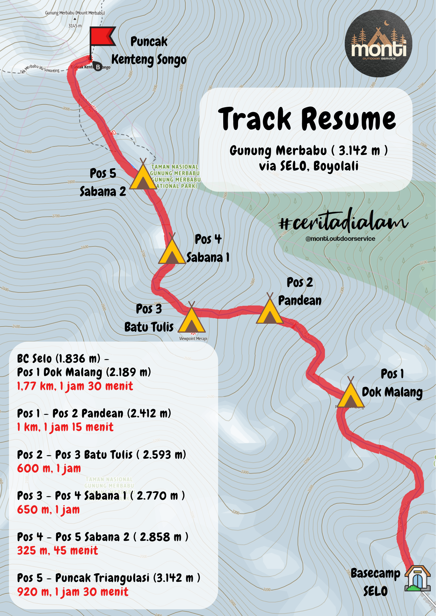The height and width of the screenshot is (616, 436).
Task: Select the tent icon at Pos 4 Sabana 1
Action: (x=172, y=250)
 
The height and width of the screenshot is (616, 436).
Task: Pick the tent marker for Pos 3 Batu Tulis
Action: (x=191, y=319)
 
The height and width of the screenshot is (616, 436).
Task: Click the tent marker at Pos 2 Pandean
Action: (x=270, y=310)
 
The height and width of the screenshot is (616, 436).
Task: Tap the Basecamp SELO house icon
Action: (x=417, y=578)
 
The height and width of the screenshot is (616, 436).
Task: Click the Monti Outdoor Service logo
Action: (x=378, y=44)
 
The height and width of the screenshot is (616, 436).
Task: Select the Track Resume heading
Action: (x=307, y=119)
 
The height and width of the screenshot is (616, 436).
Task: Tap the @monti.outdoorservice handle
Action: (x=340, y=239)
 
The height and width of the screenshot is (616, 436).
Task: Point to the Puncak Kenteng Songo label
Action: (x=149, y=51)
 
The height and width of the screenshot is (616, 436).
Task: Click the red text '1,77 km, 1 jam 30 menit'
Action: (x=75, y=386)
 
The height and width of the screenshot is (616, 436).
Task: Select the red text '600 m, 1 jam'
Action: (x=49, y=468)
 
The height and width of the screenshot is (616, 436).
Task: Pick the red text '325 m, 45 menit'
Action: (x=57, y=550)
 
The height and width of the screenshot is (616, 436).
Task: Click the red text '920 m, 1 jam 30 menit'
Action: (x=72, y=592)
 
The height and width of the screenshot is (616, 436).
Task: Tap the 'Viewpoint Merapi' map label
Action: (x=193, y=339)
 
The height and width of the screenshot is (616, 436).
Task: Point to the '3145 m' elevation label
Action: (x=75, y=26)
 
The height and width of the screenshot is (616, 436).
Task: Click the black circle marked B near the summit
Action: (x=98, y=67)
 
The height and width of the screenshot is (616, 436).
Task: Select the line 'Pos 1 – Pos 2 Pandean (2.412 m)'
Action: (x=94, y=413)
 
